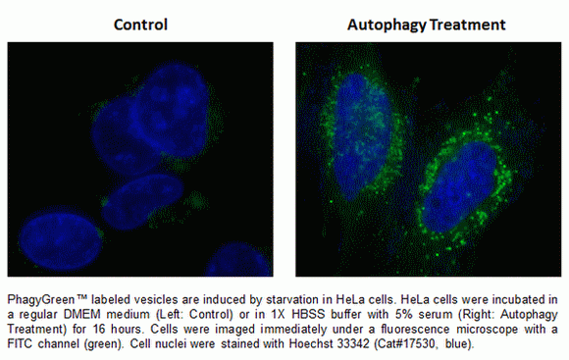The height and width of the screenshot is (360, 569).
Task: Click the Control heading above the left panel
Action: [x=140, y=24]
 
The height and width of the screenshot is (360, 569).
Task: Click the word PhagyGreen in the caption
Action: [x=40, y=296]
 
